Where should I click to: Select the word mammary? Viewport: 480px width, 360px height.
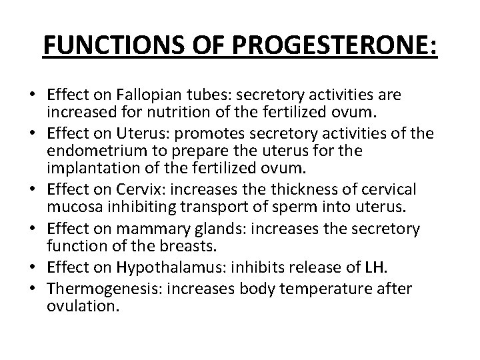pos(179,229)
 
